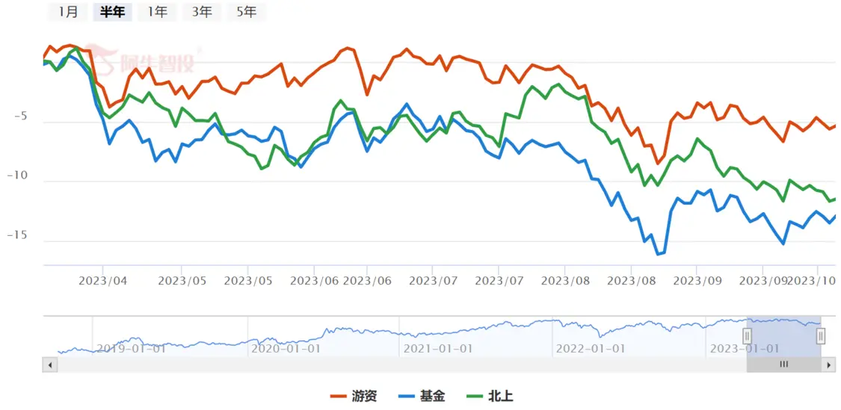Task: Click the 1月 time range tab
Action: pyautogui.click(x=68, y=11)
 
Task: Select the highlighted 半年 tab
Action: pyautogui.click(x=112, y=11)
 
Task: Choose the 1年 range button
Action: pyautogui.click(x=157, y=11)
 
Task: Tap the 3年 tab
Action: pyautogui.click(x=202, y=11)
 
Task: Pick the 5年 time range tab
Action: pyautogui.click(x=247, y=11)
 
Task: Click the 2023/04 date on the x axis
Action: pyautogui.click(x=102, y=282)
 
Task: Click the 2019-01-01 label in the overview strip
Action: pyautogui.click(x=131, y=348)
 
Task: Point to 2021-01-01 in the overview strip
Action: pyautogui.click(x=437, y=348)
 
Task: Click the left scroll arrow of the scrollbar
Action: pyautogui.click(x=50, y=364)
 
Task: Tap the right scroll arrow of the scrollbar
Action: pyautogui.click(x=828, y=364)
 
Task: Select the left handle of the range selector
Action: pyautogui.click(x=746, y=336)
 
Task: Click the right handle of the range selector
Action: pyautogui.click(x=821, y=336)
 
